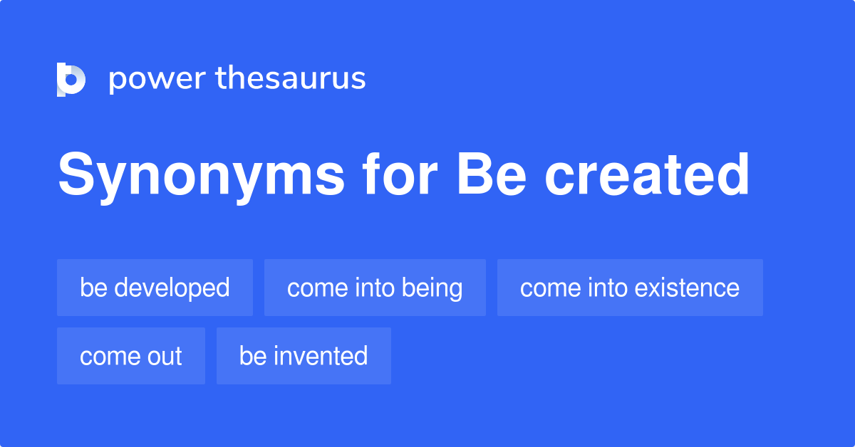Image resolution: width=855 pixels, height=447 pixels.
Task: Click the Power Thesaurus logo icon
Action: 71,79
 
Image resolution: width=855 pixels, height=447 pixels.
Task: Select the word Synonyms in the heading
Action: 199,175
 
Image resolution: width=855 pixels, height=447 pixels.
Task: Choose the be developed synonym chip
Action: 155,288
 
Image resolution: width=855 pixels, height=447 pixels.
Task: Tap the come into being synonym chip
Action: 375,288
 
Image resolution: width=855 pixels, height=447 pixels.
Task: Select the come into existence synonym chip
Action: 630,288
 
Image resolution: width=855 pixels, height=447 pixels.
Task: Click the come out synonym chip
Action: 131,356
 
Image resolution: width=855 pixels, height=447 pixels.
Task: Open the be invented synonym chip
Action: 304,356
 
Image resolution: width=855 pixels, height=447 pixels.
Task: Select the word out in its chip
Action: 165,356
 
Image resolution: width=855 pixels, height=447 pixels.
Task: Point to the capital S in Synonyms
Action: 74,175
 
